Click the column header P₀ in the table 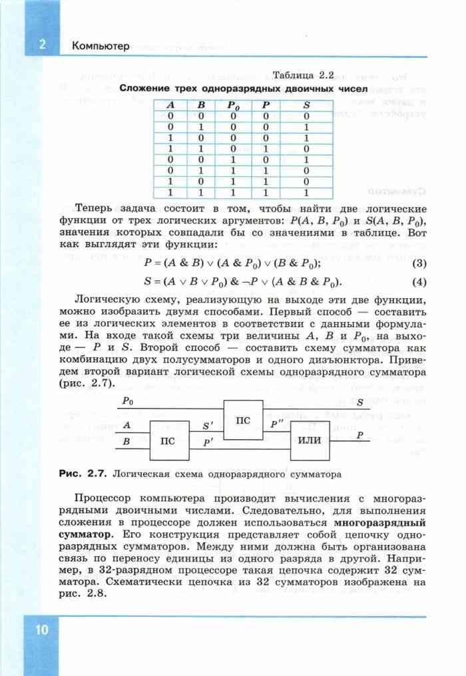[x=232, y=105]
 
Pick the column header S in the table [x=306, y=105]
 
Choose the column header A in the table [x=170, y=105]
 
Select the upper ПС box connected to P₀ [x=243, y=420]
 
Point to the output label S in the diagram [x=359, y=402]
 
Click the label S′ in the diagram [x=208, y=424]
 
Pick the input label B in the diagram [x=126, y=440]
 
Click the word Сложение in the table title [x=142, y=88]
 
